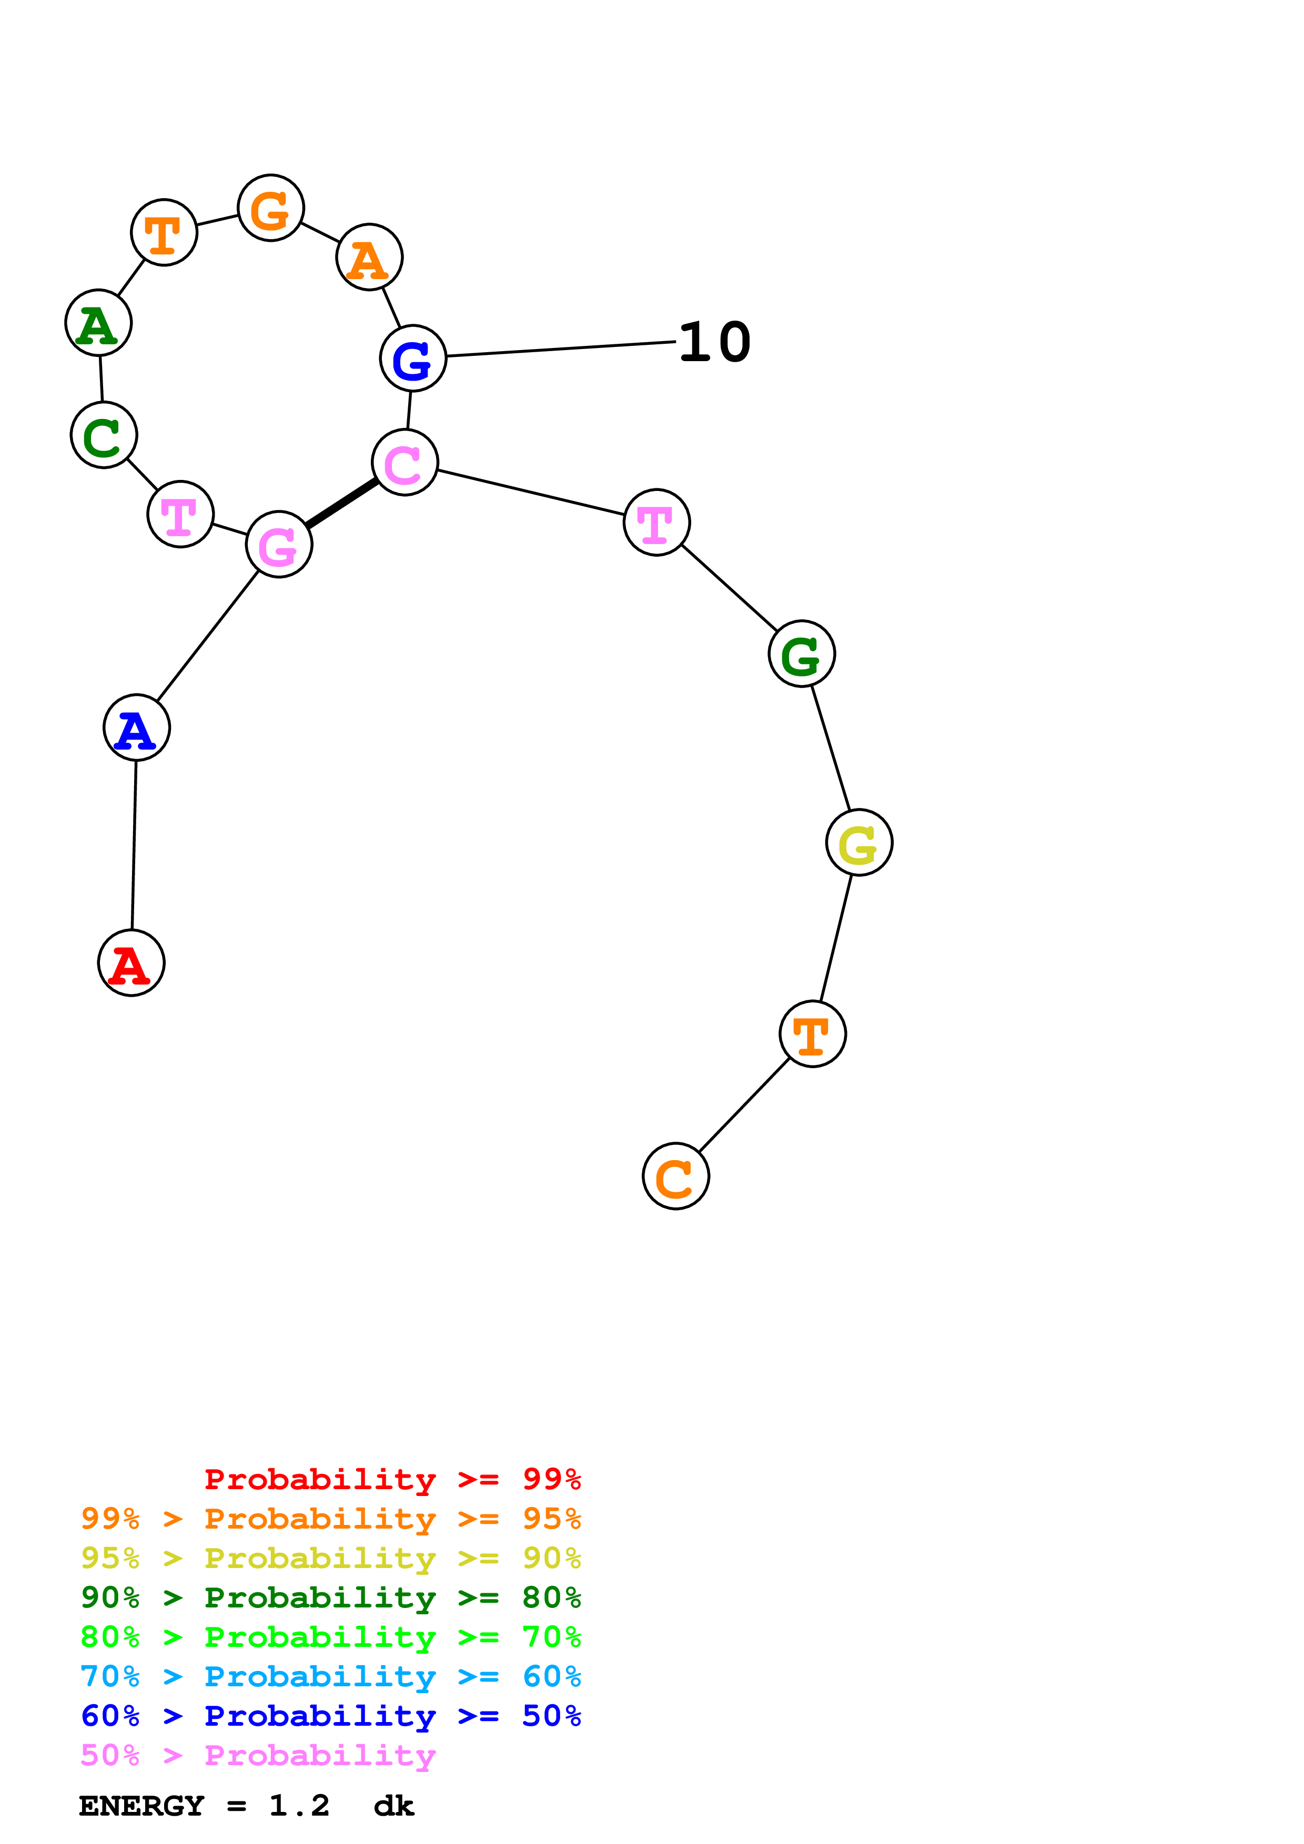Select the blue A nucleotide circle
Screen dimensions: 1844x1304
pos(137,727)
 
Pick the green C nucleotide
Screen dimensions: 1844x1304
pos(104,435)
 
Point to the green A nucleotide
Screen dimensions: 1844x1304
pos(98,322)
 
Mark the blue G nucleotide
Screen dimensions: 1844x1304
pos(413,358)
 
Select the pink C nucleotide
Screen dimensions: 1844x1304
pos(405,462)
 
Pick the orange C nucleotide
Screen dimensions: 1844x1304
pos(676,1176)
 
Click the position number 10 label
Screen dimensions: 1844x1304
pos(714,342)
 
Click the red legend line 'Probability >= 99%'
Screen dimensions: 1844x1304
pos(392,1479)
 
